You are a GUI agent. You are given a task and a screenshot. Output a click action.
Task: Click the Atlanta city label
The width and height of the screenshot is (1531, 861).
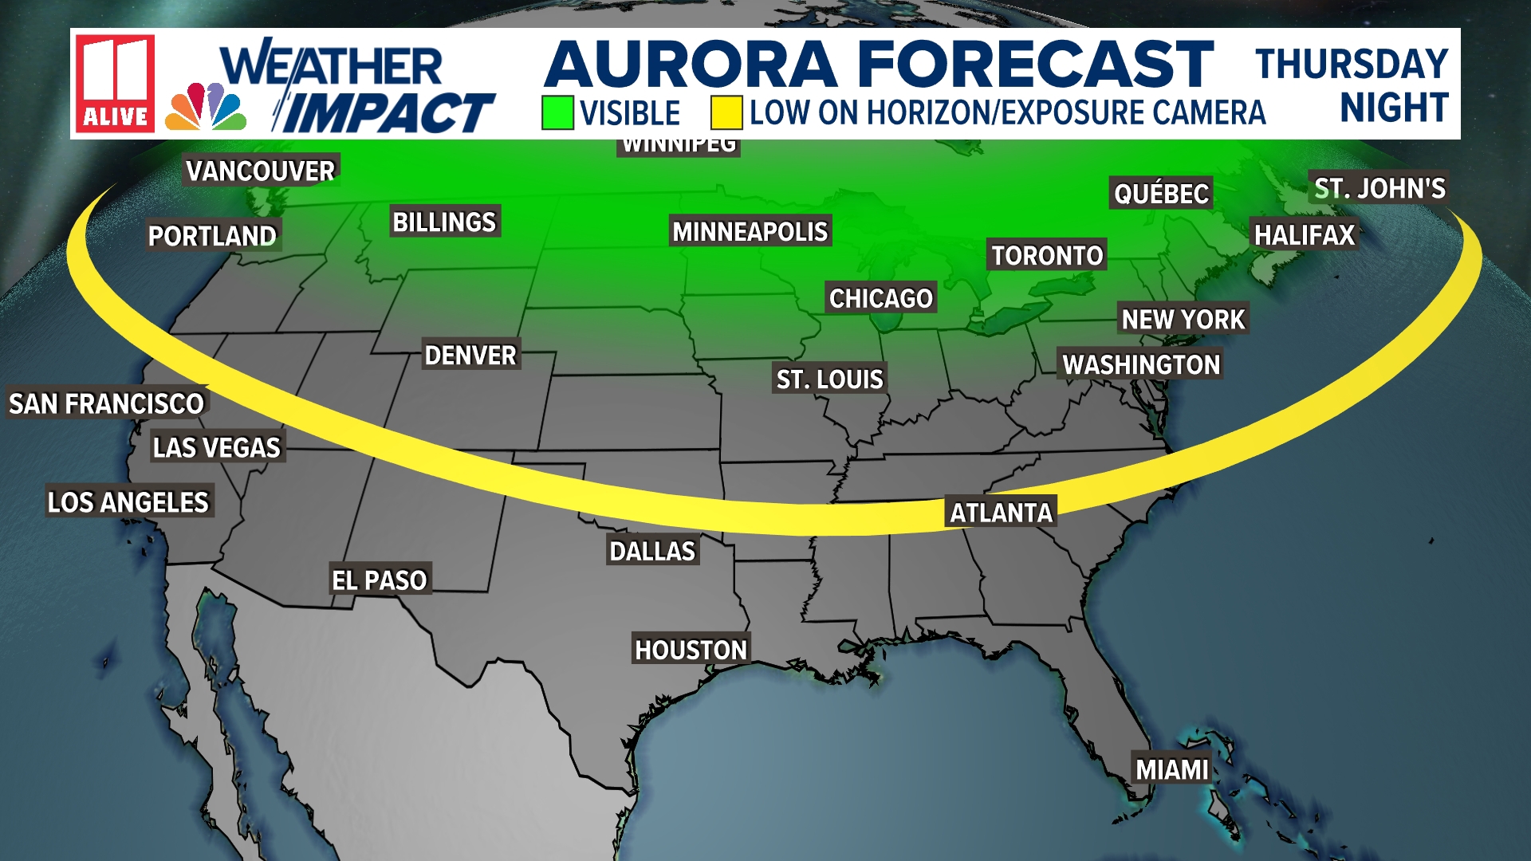click(1001, 513)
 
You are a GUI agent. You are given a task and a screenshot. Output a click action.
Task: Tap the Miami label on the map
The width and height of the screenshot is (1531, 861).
click(1171, 769)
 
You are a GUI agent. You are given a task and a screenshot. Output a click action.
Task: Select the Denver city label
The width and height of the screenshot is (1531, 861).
click(470, 356)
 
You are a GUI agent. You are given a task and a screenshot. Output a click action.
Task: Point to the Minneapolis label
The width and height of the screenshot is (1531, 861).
click(750, 232)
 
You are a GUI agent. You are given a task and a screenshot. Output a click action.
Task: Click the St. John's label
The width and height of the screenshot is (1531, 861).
click(1379, 189)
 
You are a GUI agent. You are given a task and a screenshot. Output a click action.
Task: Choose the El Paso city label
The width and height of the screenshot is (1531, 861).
click(380, 580)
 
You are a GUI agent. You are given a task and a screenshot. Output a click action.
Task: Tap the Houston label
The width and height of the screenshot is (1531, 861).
click(691, 651)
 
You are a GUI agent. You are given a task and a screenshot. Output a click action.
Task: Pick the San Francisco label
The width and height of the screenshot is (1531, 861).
click(107, 404)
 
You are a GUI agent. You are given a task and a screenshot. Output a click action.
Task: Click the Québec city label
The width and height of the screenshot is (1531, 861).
click(1161, 194)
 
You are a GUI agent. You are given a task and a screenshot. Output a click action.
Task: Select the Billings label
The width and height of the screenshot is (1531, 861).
click(444, 222)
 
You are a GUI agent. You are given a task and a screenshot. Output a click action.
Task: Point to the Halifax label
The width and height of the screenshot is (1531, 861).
click(1305, 235)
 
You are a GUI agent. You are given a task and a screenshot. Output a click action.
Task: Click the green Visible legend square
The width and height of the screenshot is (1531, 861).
click(557, 112)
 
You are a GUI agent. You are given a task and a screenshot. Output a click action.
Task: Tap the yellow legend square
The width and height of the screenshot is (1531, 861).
click(726, 112)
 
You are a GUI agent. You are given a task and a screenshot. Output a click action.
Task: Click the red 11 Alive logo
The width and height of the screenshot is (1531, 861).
click(115, 83)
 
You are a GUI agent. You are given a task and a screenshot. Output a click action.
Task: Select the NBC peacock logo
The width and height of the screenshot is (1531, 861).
click(206, 108)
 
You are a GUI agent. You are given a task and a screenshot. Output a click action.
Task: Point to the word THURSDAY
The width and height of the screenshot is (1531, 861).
click(1352, 64)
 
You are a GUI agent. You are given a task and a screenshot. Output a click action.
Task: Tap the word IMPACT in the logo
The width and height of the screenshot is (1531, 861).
click(389, 112)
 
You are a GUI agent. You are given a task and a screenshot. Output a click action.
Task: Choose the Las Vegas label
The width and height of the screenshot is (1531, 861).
click(217, 448)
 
